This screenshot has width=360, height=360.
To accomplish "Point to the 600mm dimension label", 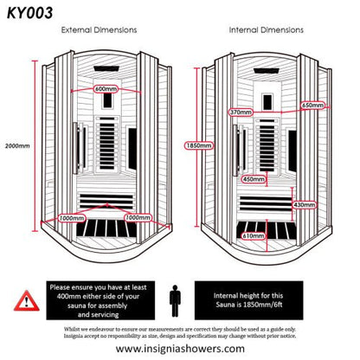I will [106, 89].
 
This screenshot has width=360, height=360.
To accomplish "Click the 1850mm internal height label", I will [197, 146].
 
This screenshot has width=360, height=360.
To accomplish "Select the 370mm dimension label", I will [241, 112].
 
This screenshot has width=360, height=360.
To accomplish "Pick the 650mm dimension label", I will [312, 106].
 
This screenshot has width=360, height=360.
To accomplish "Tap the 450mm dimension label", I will [253, 179].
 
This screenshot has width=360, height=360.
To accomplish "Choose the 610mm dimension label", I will [253, 235].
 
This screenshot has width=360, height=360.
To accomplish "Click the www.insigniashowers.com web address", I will [178, 349].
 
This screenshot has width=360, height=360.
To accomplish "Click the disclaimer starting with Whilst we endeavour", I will [180, 333].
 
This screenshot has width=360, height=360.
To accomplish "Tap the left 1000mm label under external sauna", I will [72, 218].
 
